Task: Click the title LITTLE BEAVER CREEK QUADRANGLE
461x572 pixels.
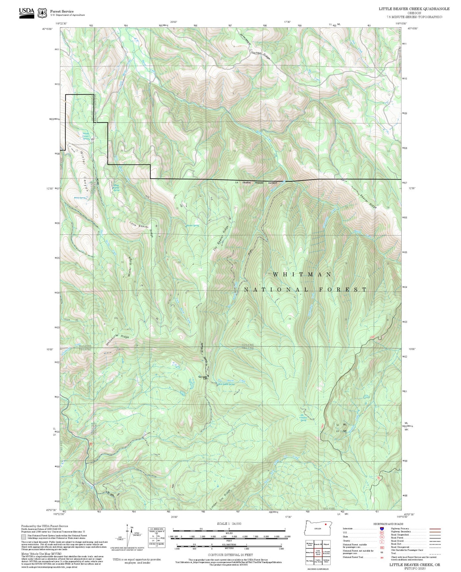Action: (414, 9)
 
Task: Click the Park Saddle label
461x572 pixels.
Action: (203, 377)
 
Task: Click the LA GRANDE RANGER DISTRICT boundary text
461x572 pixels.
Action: (256, 183)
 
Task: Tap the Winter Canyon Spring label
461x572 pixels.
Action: (86, 136)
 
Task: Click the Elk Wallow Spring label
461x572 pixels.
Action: (303, 417)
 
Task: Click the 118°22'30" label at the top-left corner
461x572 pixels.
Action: (61, 23)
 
